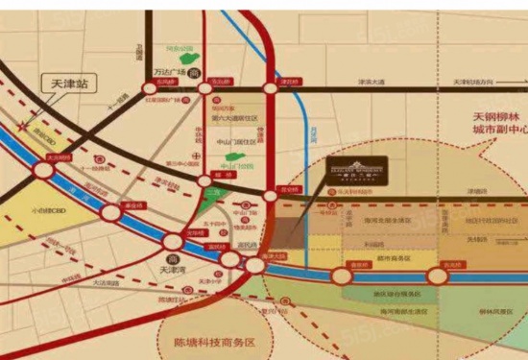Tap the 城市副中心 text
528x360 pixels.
489,132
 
